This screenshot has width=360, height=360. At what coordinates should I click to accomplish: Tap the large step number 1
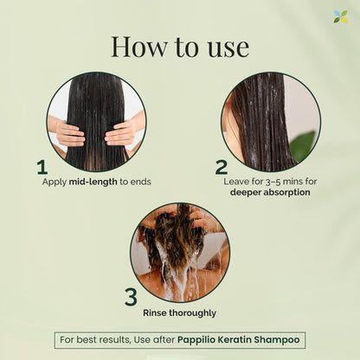tap(42, 167)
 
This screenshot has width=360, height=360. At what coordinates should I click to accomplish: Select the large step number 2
tap(222, 167)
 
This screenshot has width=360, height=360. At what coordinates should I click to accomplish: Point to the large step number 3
tap(131, 297)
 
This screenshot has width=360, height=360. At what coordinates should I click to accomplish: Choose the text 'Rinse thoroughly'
tap(180, 312)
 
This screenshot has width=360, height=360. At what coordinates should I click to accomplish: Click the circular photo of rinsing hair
tap(180, 251)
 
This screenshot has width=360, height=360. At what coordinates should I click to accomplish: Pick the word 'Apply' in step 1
tap(55, 183)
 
